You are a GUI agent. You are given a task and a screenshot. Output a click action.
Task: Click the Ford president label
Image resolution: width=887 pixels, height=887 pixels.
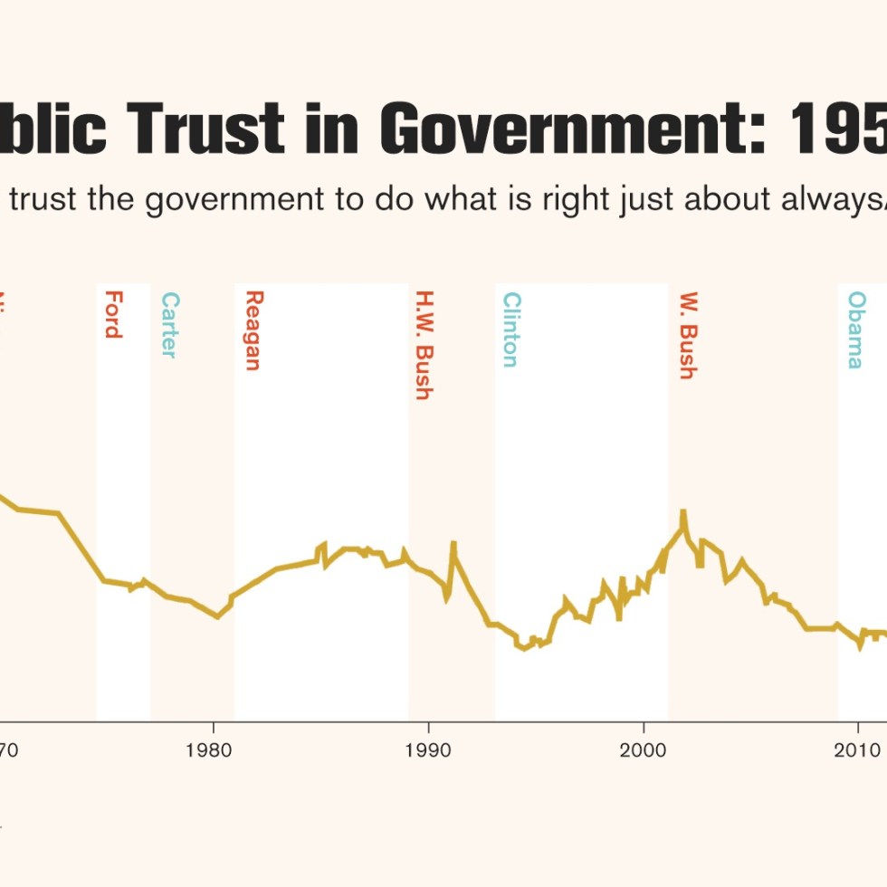(113, 314)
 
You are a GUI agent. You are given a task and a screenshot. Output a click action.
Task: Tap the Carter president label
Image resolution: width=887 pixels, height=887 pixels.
(169, 325)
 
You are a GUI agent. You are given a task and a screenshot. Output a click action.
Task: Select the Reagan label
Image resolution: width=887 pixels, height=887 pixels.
(253, 330)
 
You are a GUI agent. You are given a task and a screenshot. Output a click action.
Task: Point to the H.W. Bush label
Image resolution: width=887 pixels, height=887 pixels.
(423, 345)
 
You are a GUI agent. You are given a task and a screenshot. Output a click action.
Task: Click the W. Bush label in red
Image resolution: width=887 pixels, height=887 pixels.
(688, 335)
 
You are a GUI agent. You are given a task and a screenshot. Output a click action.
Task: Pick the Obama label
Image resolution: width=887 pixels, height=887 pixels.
(855, 329)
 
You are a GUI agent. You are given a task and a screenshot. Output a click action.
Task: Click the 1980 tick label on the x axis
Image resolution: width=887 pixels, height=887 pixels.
(213, 750)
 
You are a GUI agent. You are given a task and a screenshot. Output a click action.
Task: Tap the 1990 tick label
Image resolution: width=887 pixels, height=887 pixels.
(428, 750)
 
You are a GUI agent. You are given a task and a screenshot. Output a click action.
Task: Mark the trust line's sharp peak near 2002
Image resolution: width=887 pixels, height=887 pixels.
(684, 512)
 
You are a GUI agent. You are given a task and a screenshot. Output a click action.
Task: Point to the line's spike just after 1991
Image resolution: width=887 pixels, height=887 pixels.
(453, 543)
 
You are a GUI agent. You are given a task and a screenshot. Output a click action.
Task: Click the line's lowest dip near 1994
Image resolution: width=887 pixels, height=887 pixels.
(525, 649)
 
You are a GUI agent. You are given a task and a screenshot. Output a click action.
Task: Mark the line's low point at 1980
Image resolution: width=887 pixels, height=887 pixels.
(217, 617)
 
